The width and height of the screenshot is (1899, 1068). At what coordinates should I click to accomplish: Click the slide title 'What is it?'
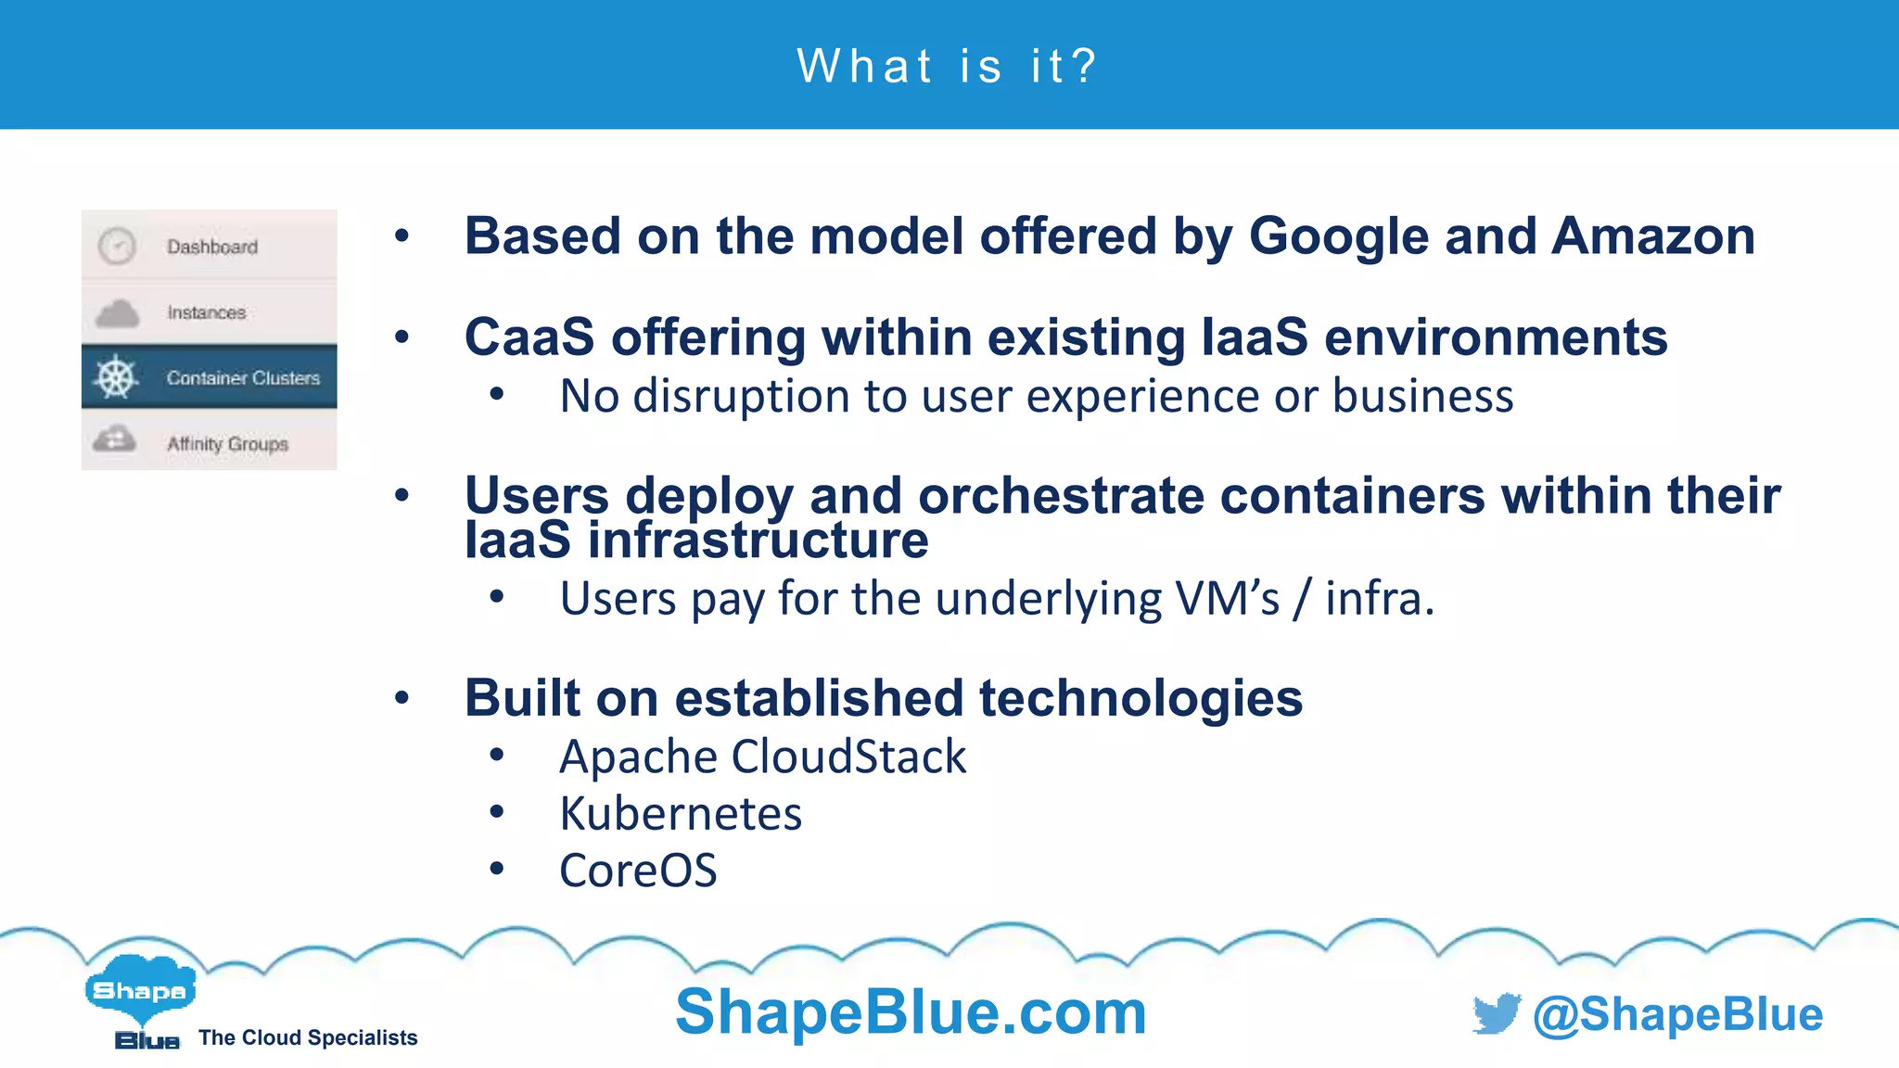948,67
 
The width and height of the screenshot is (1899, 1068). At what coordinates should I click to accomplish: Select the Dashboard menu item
211,247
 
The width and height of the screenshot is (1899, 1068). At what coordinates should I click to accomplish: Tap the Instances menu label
206,312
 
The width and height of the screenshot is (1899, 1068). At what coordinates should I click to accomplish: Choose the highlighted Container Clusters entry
243,377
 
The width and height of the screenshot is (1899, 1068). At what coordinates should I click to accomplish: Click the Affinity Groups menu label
227,444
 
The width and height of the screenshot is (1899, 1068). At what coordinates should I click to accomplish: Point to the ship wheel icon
116,377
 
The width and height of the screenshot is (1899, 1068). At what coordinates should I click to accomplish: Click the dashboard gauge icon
117,247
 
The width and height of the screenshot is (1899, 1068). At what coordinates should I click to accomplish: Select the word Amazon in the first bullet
1653,236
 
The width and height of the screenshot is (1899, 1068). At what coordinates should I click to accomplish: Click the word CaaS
529,337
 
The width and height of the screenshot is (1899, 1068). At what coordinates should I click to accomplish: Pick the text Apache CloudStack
762,756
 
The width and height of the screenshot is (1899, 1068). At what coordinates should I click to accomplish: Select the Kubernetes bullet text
681,814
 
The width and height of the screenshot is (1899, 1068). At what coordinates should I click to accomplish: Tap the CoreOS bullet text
638,871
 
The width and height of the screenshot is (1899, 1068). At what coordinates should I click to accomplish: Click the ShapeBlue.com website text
911,1011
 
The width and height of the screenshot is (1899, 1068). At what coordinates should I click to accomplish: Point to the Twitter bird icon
1496,1013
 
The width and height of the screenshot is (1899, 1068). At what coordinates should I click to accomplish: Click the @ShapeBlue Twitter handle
1677,1014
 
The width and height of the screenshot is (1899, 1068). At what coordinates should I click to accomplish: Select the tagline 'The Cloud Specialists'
308,1037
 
